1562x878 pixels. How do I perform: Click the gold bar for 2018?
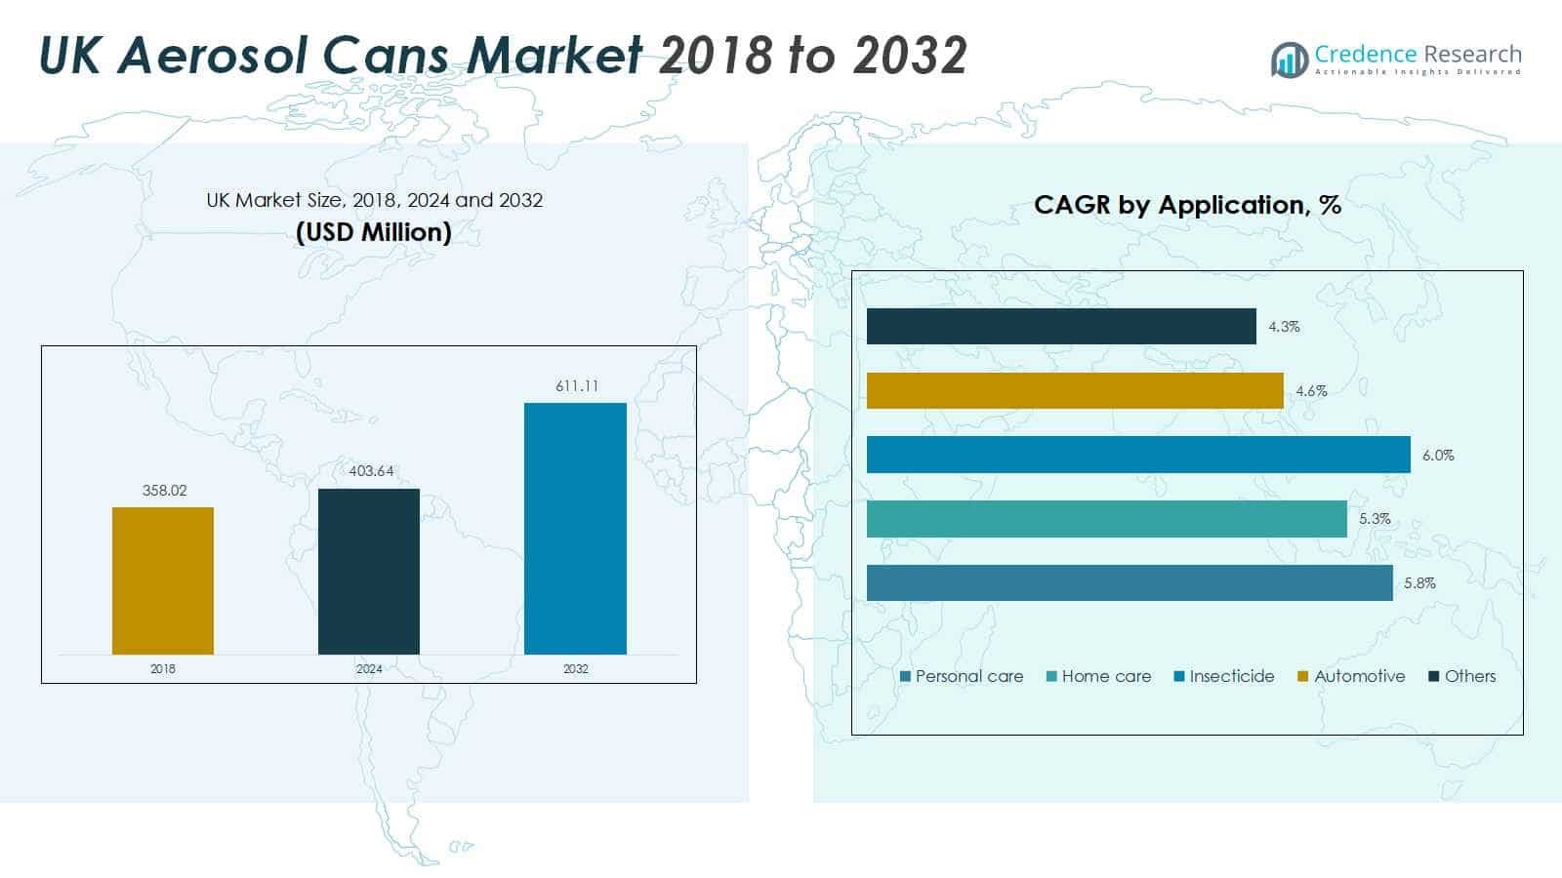point(162,580)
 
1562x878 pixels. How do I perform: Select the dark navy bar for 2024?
point(369,572)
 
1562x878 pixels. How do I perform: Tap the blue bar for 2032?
point(575,528)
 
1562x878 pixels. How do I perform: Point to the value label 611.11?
point(577,386)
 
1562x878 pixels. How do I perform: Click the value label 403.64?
point(371,471)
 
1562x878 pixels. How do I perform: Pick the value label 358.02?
point(165,491)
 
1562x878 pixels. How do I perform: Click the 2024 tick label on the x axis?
point(369,669)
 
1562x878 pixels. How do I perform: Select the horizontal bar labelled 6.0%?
point(1138,455)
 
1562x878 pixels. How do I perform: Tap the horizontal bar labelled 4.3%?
point(1061,326)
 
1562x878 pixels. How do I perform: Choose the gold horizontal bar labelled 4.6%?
point(1075,390)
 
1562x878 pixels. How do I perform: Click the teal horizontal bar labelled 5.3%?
point(1107,519)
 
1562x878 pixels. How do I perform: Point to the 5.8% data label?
point(1419,583)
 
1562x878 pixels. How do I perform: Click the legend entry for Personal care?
point(962,676)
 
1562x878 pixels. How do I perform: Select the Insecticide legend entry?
point(1224,676)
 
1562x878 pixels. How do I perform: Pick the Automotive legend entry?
point(1351,676)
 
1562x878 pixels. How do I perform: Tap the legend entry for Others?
point(1462,676)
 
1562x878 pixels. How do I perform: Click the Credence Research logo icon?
point(1290,60)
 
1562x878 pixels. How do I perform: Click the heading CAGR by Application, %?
point(1187,205)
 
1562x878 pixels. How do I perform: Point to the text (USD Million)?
point(374,232)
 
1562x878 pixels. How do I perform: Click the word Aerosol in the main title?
point(213,55)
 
